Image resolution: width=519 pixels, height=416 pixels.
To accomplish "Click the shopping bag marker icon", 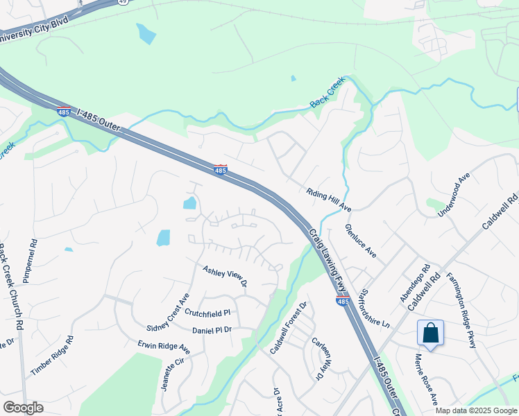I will point(430,333).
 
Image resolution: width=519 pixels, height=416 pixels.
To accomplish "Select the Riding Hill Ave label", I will point(330,200).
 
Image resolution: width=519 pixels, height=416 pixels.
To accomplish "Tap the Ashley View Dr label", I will point(225,276).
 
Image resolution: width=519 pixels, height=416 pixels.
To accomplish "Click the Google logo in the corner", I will point(23,407).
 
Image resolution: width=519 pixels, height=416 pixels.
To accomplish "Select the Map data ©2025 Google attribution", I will point(475,410).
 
